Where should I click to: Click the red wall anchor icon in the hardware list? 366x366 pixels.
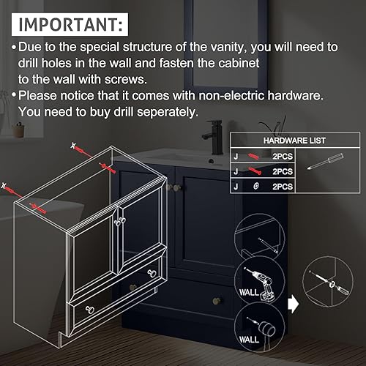click(254, 155)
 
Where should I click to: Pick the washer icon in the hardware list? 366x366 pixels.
click(255, 187)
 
